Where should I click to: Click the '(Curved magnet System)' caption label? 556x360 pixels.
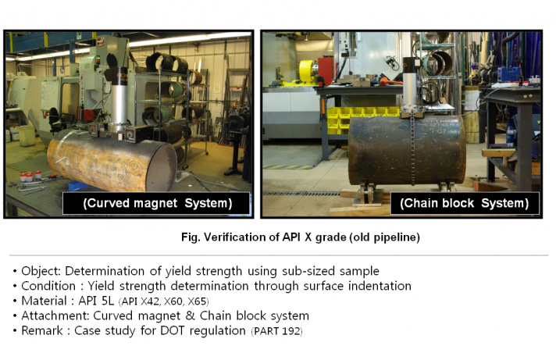pos(158,203)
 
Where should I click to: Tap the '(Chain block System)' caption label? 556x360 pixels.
pos(464,203)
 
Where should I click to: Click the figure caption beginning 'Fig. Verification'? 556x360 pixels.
pos(301,237)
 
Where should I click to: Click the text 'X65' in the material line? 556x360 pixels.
pos(197,301)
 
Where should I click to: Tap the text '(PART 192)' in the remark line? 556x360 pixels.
pos(277,331)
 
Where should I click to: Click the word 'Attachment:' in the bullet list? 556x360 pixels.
pos(55,315)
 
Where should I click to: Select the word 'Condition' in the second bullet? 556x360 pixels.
pos(48,286)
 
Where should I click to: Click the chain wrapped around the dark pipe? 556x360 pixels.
pos(412,149)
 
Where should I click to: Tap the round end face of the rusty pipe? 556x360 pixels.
pos(162,166)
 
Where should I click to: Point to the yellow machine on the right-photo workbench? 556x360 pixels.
pos(308,72)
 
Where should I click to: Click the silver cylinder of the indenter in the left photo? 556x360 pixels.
pos(119,103)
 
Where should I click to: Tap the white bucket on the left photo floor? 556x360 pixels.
pos(27,135)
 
